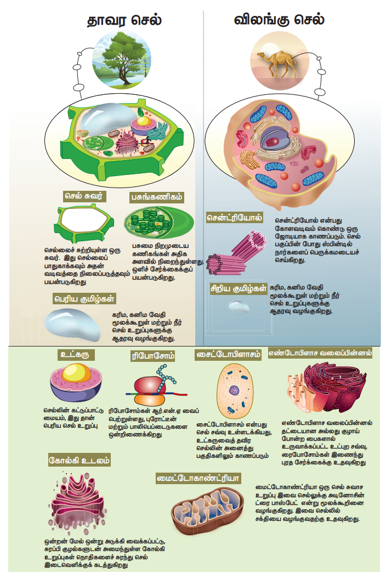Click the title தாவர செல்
[124, 20]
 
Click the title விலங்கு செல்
[279, 20]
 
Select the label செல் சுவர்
[84, 196]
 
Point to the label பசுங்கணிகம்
[157, 197]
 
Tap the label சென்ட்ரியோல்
[235, 218]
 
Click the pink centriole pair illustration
[236, 253]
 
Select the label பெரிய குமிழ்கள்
[84, 298]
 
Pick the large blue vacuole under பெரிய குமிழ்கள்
[72, 325]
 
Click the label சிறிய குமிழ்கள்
[239, 288]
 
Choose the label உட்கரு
[76, 355]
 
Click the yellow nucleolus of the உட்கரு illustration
[76, 372]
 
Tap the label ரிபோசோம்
[153, 356]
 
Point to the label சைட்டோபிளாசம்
[228, 355]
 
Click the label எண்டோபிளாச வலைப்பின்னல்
[320, 353]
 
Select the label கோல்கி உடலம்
[79, 461]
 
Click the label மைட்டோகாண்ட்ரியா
[198, 478]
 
